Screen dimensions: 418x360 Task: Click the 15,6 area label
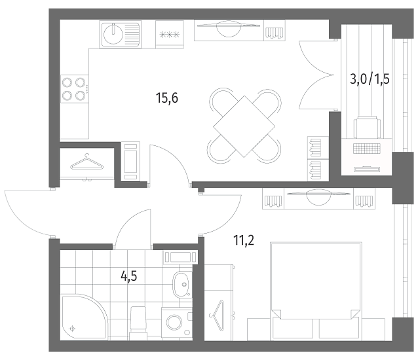pyautogui.click(x=167, y=98)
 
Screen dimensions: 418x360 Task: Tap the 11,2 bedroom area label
pyautogui.click(x=244, y=240)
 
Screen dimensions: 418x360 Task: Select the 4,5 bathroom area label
pyautogui.click(x=129, y=276)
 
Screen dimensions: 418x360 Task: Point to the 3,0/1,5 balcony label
pyautogui.click(x=370, y=79)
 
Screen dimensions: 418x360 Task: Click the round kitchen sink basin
pyautogui.click(x=113, y=35)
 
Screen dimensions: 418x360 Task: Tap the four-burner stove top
pyautogui.click(x=75, y=88)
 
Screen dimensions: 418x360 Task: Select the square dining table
pyautogui.click(x=244, y=126)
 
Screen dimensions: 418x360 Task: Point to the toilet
pyautogui.click(x=138, y=323)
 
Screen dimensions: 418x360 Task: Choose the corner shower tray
pyautogui.click(x=84, y=317)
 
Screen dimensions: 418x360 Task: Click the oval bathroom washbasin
pyautogui.click(x=181, y=285)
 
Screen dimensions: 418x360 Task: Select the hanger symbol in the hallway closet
pyautogui.click(x=86, y=162)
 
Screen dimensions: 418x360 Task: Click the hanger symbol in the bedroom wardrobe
pyautogui.click(x=217, y=315)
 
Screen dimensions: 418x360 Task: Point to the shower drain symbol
pyautogui.click(x=72, y=329)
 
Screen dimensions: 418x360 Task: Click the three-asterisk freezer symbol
pyautogui.click(x=170, y=35)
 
